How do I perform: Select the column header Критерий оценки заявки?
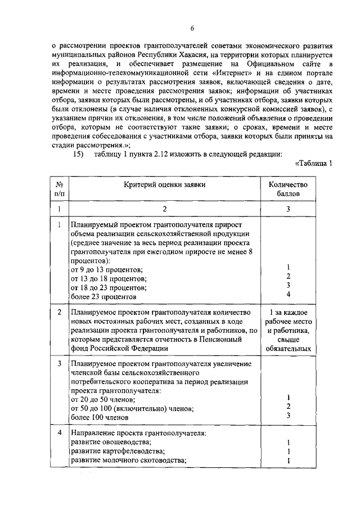click(x=165, y=184)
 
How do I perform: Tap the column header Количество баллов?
click(x=288, y=188)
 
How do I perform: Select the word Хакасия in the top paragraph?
click(x=198, y=53)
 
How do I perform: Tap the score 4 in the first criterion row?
click(x=288, y=294)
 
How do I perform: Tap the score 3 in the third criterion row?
click(x=288, y=416)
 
